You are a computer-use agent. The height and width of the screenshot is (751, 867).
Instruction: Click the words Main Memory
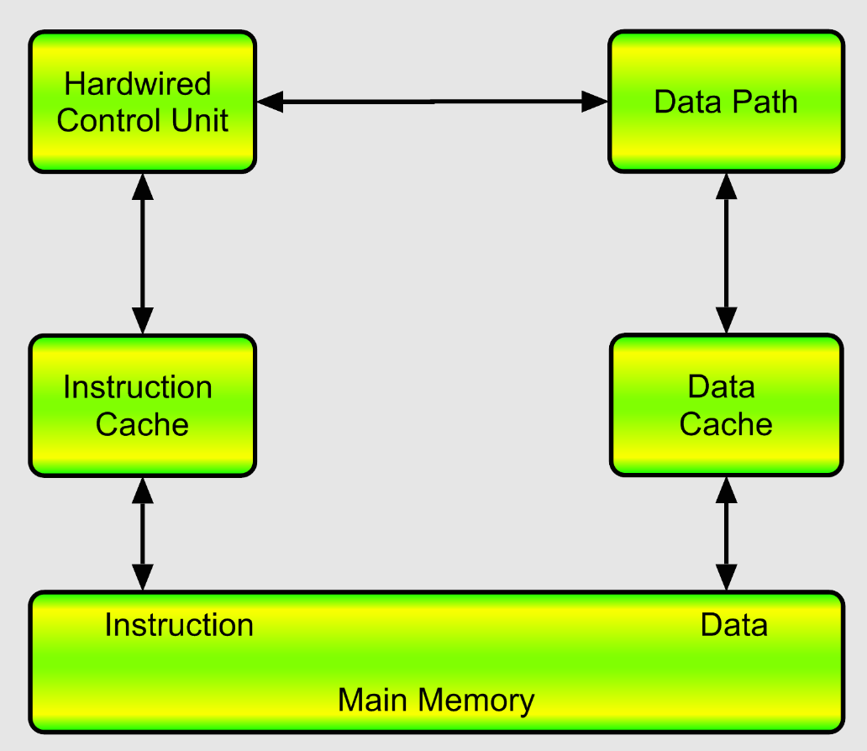(x=435, y=700)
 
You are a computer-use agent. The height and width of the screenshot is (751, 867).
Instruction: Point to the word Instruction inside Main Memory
(x=178, y=625)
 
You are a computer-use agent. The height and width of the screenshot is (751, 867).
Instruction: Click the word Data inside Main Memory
(x=733, y=625)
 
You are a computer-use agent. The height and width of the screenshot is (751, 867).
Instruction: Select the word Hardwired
(x=138, y=84)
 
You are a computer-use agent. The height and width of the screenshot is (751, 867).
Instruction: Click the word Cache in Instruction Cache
(x=142, y=423)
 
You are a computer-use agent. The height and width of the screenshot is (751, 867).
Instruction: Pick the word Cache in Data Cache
(x=726, y=423)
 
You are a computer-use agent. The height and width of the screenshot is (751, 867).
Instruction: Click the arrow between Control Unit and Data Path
(x=433, y=102)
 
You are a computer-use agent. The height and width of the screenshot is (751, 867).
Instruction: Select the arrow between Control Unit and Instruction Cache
(x=143, y=254)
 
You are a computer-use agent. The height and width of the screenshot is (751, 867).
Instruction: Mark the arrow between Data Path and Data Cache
(x=726, y=254)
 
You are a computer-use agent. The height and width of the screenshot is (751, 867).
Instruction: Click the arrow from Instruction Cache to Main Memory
(x=143, y=533)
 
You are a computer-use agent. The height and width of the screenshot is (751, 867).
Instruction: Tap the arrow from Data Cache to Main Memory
(x=726, y=533)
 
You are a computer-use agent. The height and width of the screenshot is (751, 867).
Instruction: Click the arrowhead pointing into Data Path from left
(x=596, y=102)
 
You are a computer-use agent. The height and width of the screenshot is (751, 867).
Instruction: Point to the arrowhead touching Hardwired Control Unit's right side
(x=270, y=102)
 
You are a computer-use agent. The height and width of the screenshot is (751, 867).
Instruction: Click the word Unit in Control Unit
(x=200, y=120)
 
